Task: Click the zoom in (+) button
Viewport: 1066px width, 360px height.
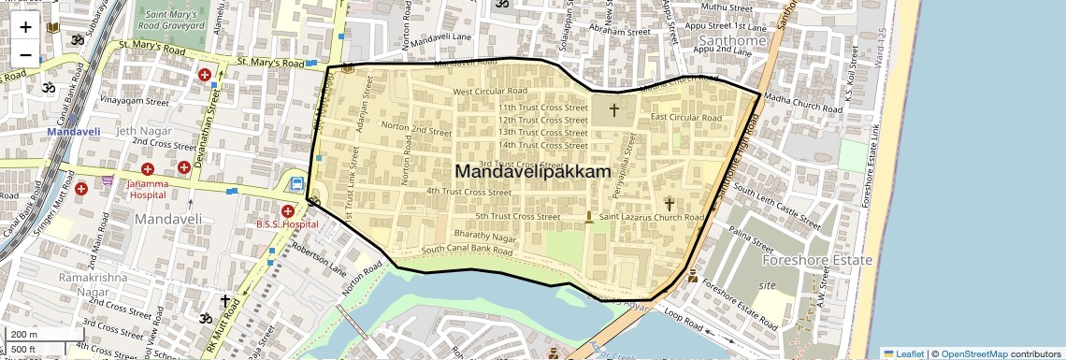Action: point(25,26)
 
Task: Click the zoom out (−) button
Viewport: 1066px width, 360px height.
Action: point(25,54)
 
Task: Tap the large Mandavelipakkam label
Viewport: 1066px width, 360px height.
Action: point(532,172)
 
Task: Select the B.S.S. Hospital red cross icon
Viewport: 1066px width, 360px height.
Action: point(287,211)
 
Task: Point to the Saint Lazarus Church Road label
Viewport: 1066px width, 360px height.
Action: point(652,217)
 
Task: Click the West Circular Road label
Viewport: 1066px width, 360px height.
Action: point(490,92)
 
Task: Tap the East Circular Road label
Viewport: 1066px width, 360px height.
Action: point(686,118)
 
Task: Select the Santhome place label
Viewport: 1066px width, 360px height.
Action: point(732,41)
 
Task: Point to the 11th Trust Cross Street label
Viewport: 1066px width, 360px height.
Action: point(542,108)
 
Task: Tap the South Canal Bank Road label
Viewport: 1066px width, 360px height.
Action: point(468,250)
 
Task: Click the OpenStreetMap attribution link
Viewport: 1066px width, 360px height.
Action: point(973,353)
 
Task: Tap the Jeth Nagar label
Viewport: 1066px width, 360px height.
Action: point(140,131)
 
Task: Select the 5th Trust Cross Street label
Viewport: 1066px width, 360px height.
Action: point(517,217)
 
